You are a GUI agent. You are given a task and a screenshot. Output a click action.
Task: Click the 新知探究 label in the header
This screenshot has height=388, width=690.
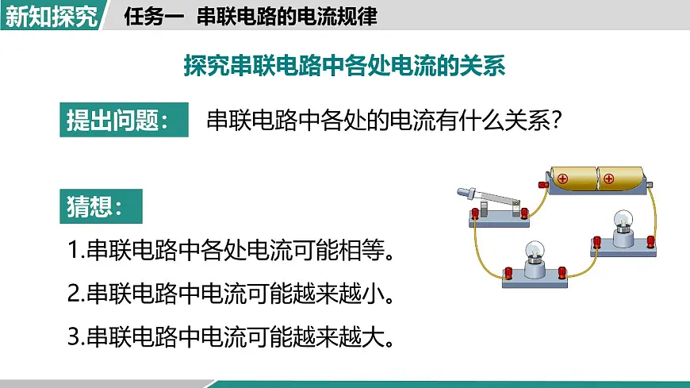(51, 17)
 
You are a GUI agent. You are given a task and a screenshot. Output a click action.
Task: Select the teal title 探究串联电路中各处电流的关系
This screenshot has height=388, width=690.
(344, 66)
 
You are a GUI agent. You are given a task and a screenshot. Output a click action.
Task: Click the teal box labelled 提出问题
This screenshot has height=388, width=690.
(124, 120)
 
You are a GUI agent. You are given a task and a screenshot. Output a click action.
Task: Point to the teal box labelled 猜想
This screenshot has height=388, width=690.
(101, 206)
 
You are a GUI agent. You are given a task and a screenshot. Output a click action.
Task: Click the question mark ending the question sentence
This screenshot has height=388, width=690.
(557, 120)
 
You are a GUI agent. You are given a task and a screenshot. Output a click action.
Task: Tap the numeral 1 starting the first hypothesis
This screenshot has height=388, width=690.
(74, 250)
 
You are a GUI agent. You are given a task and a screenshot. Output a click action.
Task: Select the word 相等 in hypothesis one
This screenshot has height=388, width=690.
(362, 250)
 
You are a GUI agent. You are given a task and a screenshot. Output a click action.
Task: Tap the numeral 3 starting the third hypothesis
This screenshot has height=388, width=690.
(74, 336)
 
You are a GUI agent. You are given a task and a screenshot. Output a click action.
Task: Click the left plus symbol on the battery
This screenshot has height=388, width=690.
(562, 179)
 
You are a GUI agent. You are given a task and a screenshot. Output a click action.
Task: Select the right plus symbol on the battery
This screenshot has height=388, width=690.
(608, 179)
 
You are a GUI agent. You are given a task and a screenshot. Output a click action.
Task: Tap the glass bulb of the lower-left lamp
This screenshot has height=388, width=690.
(535, 250)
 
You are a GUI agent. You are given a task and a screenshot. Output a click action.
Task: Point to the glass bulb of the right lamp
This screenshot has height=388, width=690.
(623, 219)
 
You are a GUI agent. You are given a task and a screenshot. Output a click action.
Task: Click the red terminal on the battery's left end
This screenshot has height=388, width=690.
(543, 185)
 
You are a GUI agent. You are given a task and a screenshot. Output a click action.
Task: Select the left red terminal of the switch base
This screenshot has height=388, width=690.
(475, 213)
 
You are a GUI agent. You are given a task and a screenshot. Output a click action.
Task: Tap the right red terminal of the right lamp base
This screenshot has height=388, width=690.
(650, 241)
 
